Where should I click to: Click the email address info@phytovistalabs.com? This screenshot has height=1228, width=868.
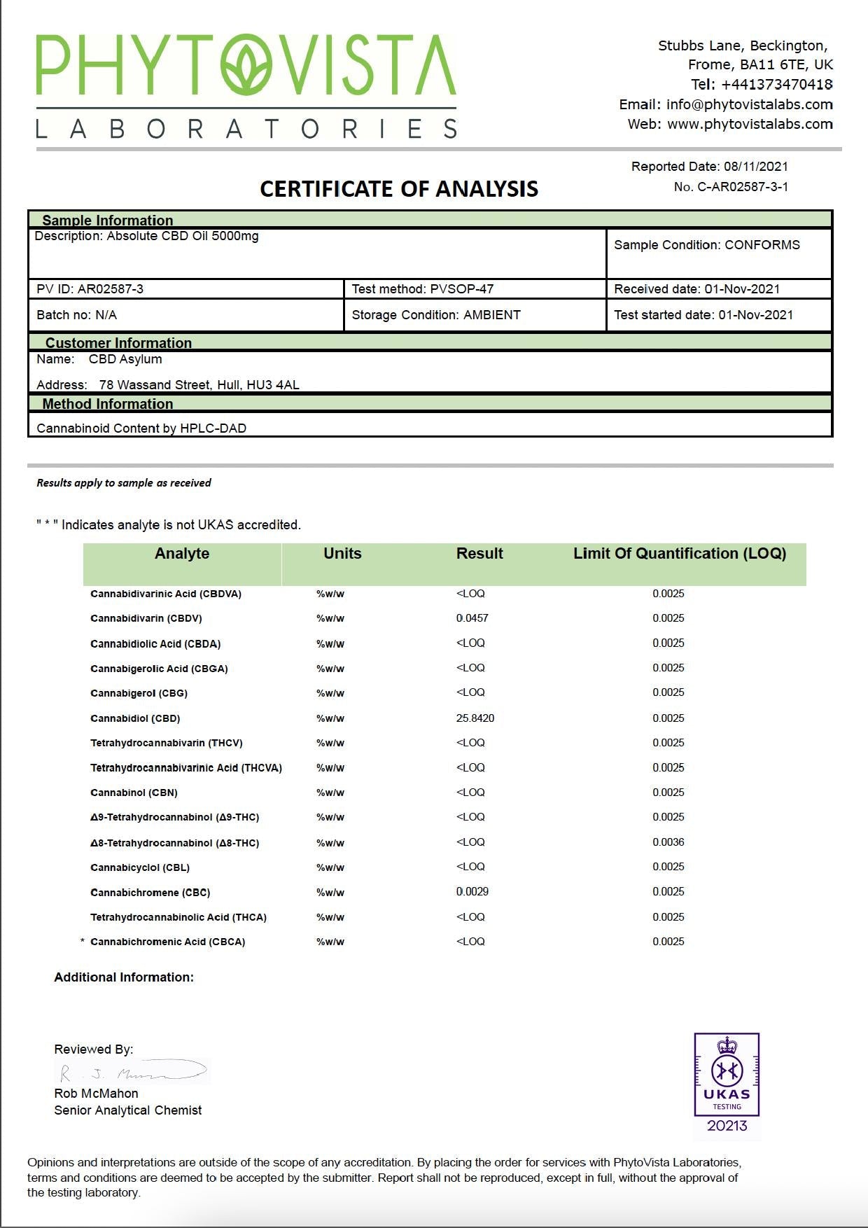[749, 104]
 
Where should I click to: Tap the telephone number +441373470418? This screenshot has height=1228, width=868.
[776, 85]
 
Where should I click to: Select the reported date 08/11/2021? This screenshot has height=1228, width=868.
[755, 167]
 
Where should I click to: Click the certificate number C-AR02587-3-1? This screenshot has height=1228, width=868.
[742, 187]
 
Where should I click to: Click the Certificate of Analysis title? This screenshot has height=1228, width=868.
[399, 189]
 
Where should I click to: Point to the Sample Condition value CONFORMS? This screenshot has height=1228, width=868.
[762, 245]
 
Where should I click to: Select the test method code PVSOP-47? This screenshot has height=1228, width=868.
[462, 289]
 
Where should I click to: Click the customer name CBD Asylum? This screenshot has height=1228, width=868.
[125, 359]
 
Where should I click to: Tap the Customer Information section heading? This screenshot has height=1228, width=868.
[118, 343]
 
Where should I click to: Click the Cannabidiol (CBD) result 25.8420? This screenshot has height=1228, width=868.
[475, 718]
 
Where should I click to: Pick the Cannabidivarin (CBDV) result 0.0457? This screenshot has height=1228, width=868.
[472, 618]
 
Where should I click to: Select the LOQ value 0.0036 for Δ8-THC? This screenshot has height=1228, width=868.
[668, 842]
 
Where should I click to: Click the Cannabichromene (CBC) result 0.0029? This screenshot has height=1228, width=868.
[472, 892]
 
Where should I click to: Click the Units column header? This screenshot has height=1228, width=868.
[342, 554]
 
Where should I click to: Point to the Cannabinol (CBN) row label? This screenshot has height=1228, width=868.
[134, 793]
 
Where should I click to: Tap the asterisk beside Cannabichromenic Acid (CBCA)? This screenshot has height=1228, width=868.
[83, 942]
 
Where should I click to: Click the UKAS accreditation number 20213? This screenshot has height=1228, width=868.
[727, 1126]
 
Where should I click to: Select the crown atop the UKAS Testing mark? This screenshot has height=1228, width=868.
[727, 1046]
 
